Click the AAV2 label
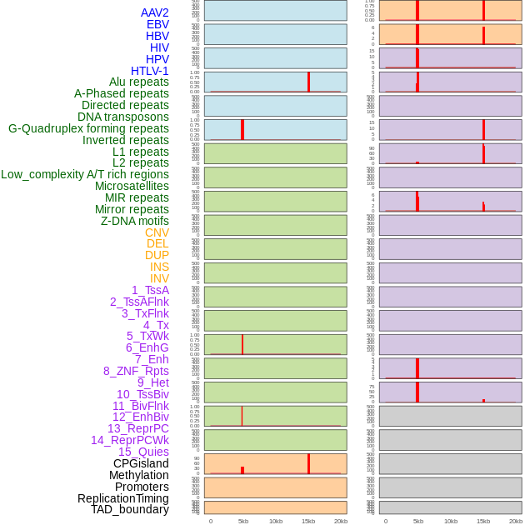coord(155,12)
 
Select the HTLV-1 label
coord(150,71)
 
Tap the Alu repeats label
coord(139,82)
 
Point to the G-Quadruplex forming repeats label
coord(88,128)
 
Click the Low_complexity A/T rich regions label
coord(85,174)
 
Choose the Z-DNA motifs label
coord(135,221)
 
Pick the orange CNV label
coord(157,232)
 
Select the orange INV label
coord(159,278)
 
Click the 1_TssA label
coord(150,290)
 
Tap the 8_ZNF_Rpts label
coord(136,371)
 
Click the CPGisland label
coord(141,463)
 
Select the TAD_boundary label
coord(130,509)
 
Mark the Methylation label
coord(139,475)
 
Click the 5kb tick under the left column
coord(243,521)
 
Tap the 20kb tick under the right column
coord(516,521)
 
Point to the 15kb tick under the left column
coord(308,521)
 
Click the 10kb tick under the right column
coord(451,521)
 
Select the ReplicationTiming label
coord(123,498)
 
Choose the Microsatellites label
coord(132,186)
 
